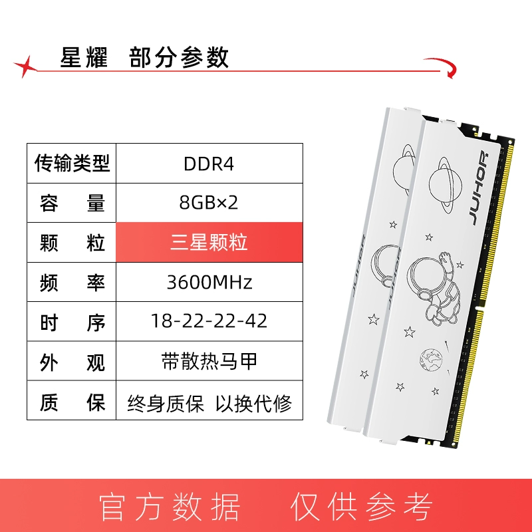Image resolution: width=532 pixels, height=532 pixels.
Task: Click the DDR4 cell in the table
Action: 209,164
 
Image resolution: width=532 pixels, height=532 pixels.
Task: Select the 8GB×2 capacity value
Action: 209,203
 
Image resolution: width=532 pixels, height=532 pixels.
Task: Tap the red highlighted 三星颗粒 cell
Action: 209,242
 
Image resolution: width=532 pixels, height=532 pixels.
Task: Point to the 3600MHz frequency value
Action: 209,282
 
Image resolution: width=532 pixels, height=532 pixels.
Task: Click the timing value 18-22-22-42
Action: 209,321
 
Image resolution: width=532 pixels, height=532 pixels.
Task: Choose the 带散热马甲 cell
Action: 209,360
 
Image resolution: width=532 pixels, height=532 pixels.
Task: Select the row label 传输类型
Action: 72,163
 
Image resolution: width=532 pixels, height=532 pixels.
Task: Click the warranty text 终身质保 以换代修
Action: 209,404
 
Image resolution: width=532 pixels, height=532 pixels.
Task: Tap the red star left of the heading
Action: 26,66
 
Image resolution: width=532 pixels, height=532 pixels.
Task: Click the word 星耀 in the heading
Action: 84,57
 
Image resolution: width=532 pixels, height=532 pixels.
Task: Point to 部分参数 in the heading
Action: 179,57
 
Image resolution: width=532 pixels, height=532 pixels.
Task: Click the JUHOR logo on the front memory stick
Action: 479,188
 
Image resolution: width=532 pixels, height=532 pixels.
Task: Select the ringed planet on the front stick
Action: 445,186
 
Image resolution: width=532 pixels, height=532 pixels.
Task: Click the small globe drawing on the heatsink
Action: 431,360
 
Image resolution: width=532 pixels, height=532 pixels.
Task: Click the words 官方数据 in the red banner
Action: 170,507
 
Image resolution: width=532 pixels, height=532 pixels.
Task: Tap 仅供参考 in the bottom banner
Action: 362,507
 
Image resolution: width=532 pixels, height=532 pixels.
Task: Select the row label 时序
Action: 72,322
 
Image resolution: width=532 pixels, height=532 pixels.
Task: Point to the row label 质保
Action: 72,403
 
